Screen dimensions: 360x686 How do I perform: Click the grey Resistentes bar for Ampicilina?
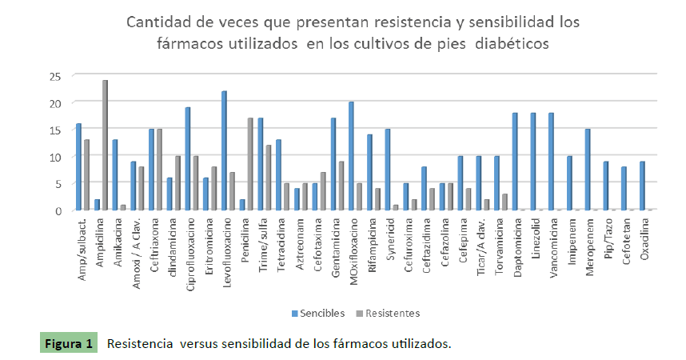tap(105, 145)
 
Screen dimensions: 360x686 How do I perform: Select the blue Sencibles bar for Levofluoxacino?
tap(225, 150)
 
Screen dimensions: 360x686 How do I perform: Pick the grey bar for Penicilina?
tap(250, 164)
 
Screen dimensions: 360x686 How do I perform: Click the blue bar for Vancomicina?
tap(552, 162)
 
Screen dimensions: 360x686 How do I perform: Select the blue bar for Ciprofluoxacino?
tap(188, 158)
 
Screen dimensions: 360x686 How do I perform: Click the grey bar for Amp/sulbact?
tap(86, 174)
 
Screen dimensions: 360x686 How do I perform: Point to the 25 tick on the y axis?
tap(55, 76)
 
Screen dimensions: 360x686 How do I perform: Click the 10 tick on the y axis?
tap(55, 157)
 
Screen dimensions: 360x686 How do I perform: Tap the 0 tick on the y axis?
tap(58, 210)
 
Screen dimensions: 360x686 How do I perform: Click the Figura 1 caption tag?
tap(67, 344)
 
